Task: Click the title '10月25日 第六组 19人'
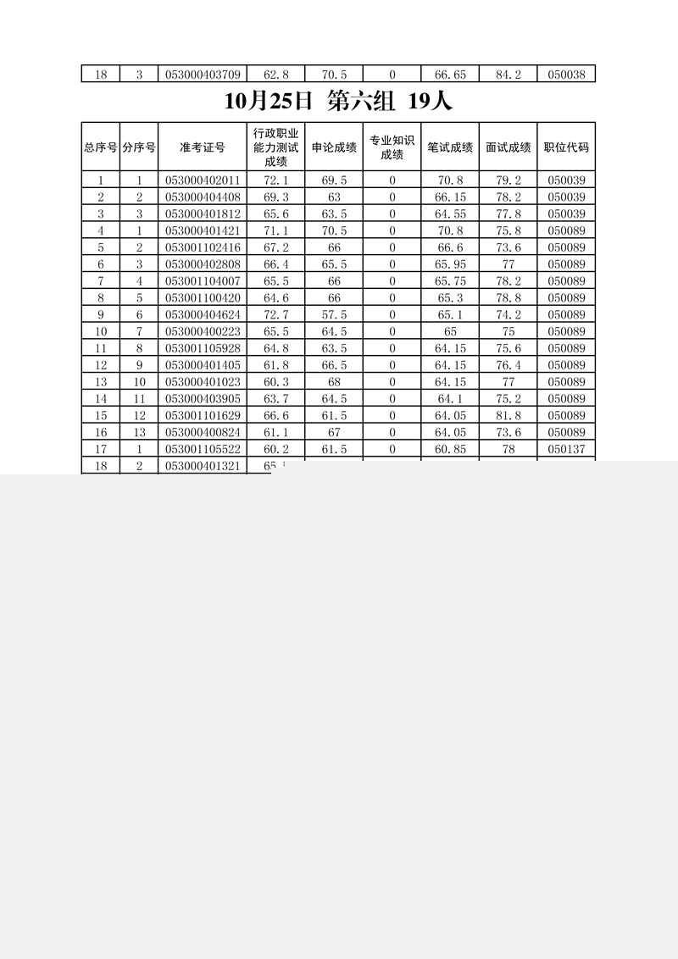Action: (x=338, y=102)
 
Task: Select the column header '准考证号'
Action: (x=203, y=147)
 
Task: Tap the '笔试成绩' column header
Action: (x=449, y=147)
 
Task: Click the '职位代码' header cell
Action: (x=566, y=147)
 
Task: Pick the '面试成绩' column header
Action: (x=508, y=147)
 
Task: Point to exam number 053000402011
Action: (x=203, y=180)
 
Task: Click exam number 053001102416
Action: (x=203, y=247)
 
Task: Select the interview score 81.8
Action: (x=508, y=415)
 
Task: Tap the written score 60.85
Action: (x=449, y=449)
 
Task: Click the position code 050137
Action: (x=566, y=449)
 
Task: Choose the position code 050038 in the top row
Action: (x=566, y=75)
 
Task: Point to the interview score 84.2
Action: (x=508, y=75)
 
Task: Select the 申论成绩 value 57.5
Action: (x=333, y=314)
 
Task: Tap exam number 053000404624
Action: (x=203, y=314)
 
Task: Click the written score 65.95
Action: (x=449, y=264)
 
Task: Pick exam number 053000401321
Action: (x=203, y=466)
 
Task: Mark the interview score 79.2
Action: (x=508, y=180)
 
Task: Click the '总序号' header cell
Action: (x=100, y=147)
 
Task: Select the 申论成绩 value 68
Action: (x=333, y=381)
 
